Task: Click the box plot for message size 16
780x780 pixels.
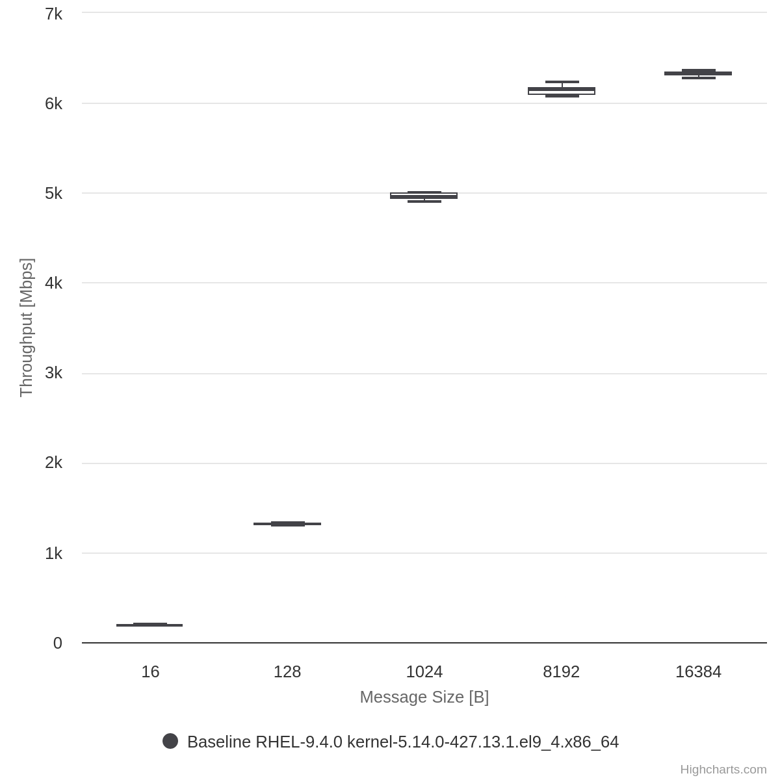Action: click(x=149, y=625)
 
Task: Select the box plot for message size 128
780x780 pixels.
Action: click(x=287, y=524)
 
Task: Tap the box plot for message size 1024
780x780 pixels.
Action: click(x=424, y=196)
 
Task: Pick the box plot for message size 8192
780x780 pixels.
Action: click(x=562, y=91)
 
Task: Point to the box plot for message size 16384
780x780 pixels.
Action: click(x=698, y=73)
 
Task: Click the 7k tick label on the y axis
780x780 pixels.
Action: click(x=54, y=14)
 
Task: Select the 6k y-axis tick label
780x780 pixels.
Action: click(x=54, y=103)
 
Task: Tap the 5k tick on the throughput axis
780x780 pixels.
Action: click(x=54, y=194)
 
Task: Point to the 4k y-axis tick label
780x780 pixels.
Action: click(x=54, y=283)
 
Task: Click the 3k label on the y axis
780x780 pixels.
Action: click(x=54, y=373)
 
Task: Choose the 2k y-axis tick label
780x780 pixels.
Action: click(x=54, y=463)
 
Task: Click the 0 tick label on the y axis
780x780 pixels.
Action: click(x=58, y=643)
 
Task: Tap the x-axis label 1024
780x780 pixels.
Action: click(x=424, y=672)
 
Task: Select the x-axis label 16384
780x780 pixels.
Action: click(x=698, y=672)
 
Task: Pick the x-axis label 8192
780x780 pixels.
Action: click(x=562, y=672)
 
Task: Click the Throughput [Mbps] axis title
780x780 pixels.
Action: click(x=26, y=328)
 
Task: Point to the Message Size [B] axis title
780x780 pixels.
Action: click(x=424, y=697)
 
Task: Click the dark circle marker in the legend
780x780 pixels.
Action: click(x=170, y=741)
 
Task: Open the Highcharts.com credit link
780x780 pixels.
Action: click(x=723, y=770)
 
